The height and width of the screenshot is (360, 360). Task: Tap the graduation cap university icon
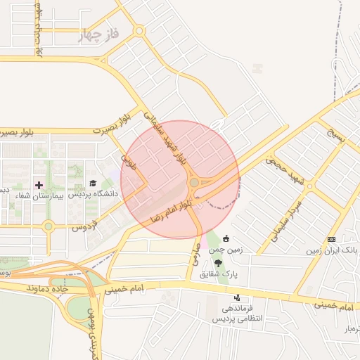[x=92, y=184]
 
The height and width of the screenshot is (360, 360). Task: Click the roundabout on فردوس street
[x=48, y=226]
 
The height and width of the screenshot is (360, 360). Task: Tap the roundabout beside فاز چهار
[x=139, y=30]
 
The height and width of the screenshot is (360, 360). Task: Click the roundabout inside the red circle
[x=194, y=183]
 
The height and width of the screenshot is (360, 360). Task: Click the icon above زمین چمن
[x=226, y=239]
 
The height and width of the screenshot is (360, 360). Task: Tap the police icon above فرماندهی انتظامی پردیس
[x=237, y=298]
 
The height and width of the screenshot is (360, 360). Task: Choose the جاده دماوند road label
[x=47, y=288]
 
